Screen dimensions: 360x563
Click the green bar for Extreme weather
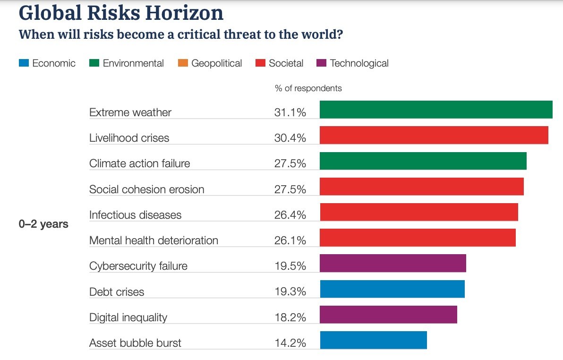pyautogui.click(x=436, y=110)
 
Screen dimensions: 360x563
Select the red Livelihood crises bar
pyautogui.click(x=434, y=135)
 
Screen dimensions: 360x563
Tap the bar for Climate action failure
pyautogui.click(x=423, y=161)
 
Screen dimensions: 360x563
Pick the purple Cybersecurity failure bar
pyautogui.click(x=392, y=263)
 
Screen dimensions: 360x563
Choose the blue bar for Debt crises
pyautogui.click(x=392, y=289)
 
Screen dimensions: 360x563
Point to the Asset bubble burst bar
pyautogui.click(x=373, y=340)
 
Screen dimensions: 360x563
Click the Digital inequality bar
pyautogui.click(x=388, y=315)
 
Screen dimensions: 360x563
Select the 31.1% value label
pyautogui.click(x=290, y=112)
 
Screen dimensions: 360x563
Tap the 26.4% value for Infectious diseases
pyautogui.click(x=290, y=215)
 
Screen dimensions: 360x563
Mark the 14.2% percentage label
pyautogui.click(x=290, y=343)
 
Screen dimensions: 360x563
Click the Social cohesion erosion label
pyautogui.click(x=147, y=189)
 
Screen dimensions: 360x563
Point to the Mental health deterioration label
pyautogui.click(x=154, y=240)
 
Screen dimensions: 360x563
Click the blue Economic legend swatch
pyautogui.click(x=24, y=63)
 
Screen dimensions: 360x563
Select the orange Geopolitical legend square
pyautogui.click(x=183, y=63)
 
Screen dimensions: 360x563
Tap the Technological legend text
pyautogui.click(x=359, y=63)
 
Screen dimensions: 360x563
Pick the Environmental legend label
pyautogui.click(x=133, y=63)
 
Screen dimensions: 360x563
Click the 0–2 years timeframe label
pyautogui.click(x=43, y=224)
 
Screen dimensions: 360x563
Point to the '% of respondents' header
pyautogui.click(x=308, y=88)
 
